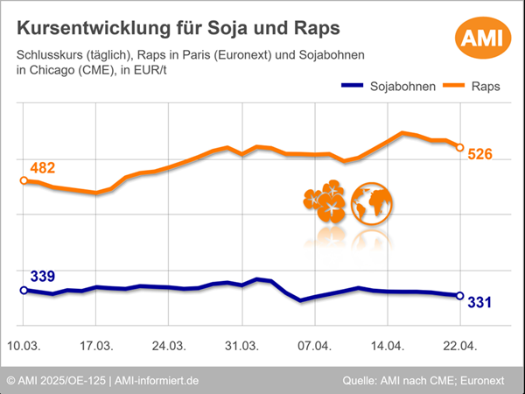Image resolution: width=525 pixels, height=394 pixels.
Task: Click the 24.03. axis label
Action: coord(170,345)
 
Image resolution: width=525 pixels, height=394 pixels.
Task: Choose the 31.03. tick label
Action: coord(242,345)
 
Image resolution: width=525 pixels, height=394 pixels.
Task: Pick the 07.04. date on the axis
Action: coord(314,345)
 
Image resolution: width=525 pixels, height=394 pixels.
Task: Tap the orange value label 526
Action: coord(480,154)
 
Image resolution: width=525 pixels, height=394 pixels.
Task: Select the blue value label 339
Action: coord(43,277)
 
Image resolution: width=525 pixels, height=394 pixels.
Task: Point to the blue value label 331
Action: coord(480,302)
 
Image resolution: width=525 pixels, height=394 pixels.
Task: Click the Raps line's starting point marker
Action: coord(24,180)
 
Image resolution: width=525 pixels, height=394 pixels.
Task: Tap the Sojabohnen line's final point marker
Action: coord(460,295)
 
